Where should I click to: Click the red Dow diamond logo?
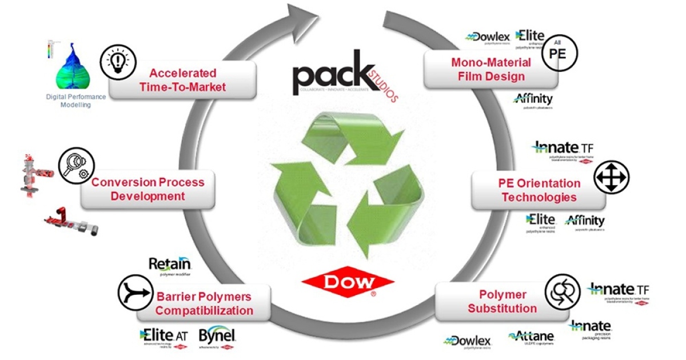click(348, 282)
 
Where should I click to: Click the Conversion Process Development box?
click(147, 189)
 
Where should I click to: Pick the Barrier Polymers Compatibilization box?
click(204, 303)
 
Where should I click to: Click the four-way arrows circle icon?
click(611, 177)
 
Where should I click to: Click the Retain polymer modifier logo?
click(170, 265)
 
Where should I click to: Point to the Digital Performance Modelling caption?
click(75, 101)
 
